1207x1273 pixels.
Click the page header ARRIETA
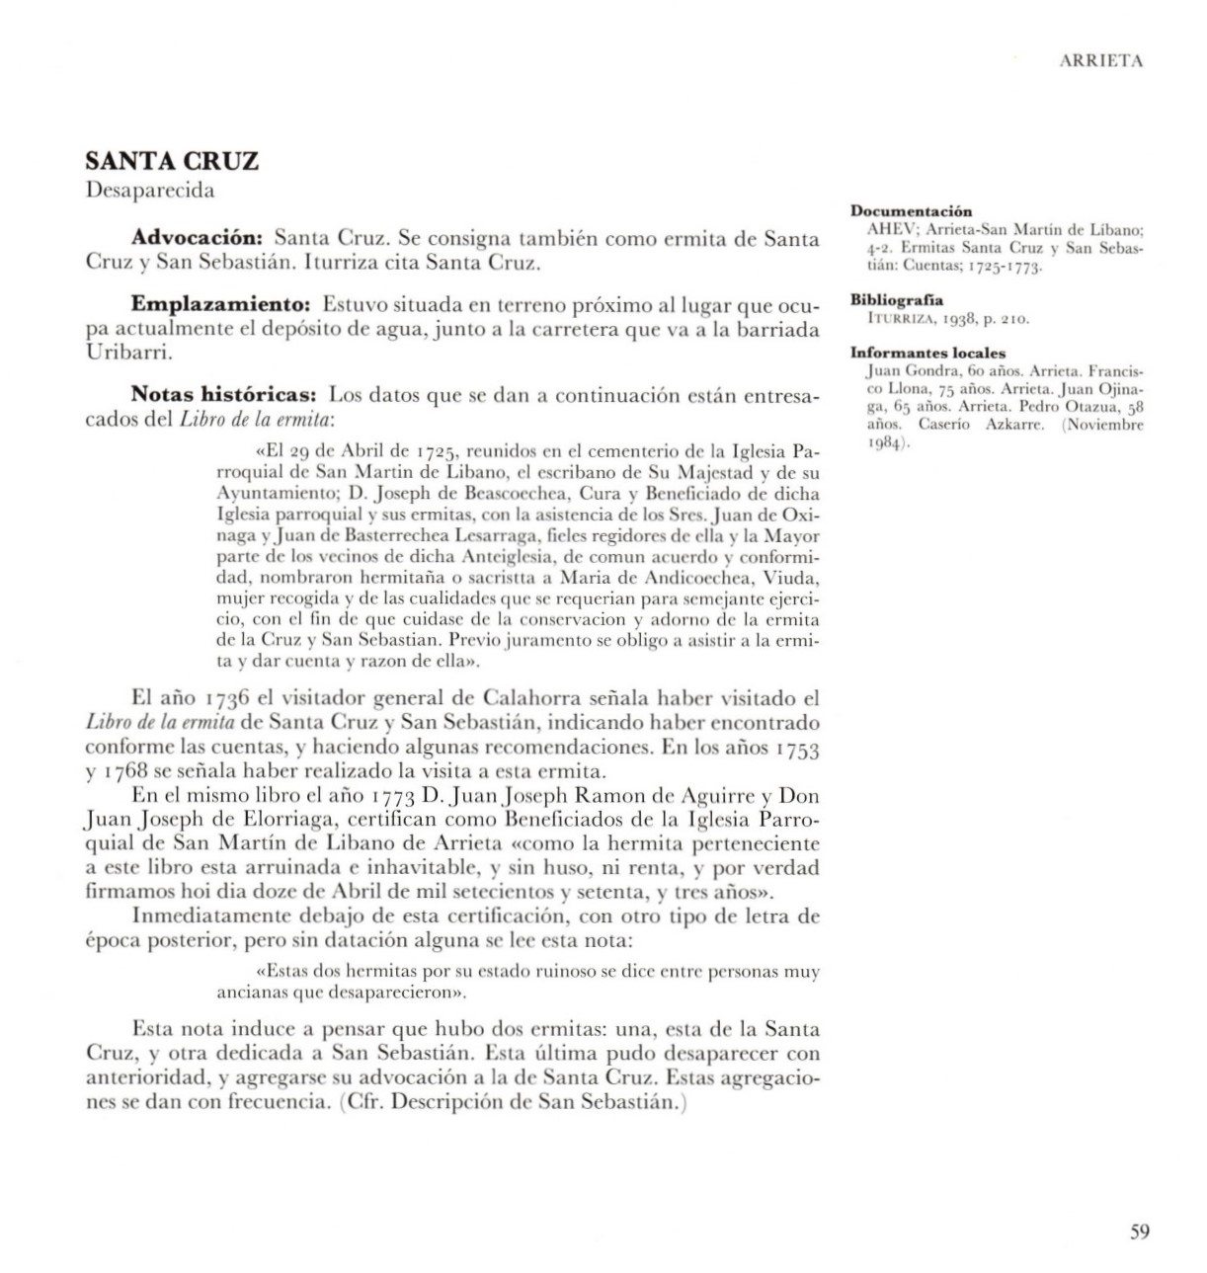tap(1100, 61)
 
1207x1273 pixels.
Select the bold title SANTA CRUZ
tap(172, 161)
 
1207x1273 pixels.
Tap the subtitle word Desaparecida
tap(149, 191)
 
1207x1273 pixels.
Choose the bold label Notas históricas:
tap(223, 395)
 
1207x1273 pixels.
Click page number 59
tap(1140, 1232)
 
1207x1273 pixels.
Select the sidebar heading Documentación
tap(911, 211)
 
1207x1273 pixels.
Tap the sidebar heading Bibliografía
tap(897, 300)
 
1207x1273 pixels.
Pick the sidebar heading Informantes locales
tap(927, 353)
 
